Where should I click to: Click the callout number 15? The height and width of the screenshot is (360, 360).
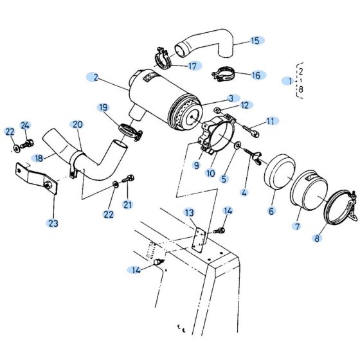tap(255, 40)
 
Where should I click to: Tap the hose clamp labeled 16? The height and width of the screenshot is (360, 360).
tap(222, 74)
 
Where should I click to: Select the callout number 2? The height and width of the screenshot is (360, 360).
tap(95, 77)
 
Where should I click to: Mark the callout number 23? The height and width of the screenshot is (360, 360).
tap(52, 223)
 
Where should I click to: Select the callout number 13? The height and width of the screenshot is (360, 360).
tap(188, 212)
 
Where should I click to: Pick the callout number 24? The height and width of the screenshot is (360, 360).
tap(25, 125)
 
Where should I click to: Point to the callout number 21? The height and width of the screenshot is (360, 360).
tap(127, 204)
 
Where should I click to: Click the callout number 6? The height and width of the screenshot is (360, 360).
tap(271, 210)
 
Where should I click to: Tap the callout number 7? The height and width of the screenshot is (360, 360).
tap(298, 226)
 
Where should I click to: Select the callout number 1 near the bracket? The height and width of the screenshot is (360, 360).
tap(289, 80)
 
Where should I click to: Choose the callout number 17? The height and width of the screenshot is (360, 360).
tap(192, 66)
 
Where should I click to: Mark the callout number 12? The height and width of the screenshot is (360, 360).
tap(244, 105)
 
